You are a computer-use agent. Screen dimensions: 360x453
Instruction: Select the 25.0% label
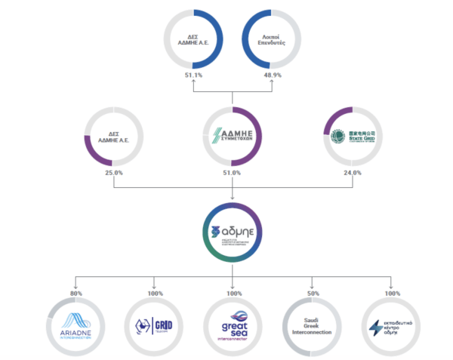coord(114,173)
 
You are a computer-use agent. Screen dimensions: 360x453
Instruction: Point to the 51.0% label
coord(232,173)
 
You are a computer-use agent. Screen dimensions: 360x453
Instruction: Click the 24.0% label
coord(353,173)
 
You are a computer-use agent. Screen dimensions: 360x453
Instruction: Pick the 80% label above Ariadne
coord(74,294)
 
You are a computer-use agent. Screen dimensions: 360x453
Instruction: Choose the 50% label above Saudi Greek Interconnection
coord(313,294)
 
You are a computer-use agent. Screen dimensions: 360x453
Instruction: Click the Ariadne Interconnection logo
coord(75,325)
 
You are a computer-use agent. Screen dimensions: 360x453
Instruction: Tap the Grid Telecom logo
coord(154,327)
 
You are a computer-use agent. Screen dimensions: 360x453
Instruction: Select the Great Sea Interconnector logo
coord(232,326)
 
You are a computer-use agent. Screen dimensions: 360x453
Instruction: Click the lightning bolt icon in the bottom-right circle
coord(376,327)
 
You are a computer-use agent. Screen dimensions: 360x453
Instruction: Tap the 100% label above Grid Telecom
coord(154,294)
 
